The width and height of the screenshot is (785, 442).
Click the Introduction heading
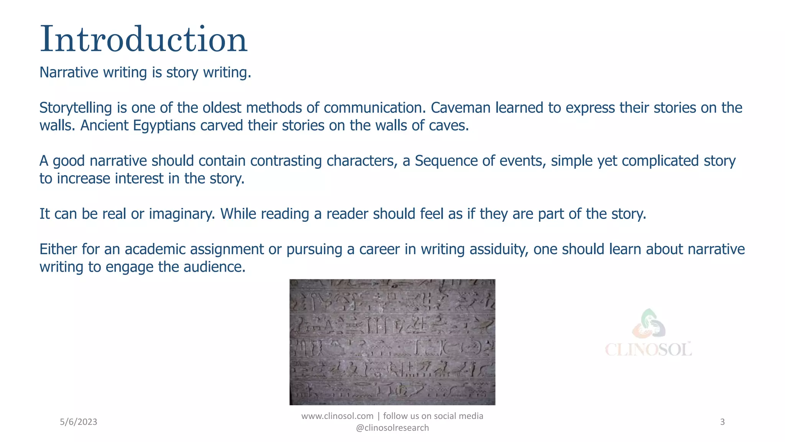tap(143, 39)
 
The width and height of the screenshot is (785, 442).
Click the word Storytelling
tap(76, 108)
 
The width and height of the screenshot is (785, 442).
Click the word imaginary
tap(182, 214)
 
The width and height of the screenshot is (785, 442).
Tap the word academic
tap(156, 249)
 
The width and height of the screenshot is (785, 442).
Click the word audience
tap(214, 267)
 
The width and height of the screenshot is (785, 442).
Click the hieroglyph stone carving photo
tap(392, 342)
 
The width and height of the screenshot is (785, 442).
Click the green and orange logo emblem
tap(649, 323)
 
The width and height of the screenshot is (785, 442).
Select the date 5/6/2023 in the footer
tap(79, 422)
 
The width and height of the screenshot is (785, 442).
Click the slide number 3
tap(723, 422)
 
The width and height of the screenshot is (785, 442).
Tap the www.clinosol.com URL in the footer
tap(337, 416)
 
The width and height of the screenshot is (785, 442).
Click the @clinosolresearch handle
tap(392, 428)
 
